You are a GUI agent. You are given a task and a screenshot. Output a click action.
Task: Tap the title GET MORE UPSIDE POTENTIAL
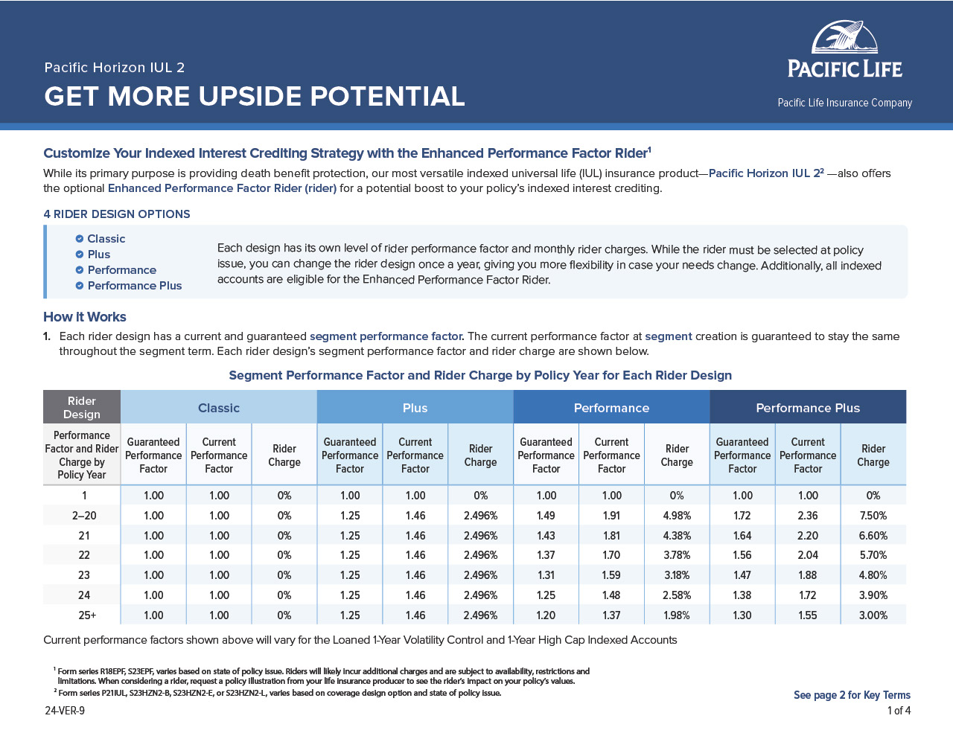coord(255,96)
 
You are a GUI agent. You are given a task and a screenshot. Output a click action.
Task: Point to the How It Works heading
coord(85,316)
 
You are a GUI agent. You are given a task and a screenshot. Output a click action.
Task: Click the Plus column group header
coord(415,408)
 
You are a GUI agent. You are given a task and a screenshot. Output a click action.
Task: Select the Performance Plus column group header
coord(808,408)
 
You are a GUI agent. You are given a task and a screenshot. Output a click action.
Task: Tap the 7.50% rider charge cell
coord(873,515)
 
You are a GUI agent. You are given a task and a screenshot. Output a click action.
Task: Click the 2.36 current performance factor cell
coord(808,515)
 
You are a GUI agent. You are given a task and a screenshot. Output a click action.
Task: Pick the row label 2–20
coord(84,515)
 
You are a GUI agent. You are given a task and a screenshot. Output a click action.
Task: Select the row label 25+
coord(87,615)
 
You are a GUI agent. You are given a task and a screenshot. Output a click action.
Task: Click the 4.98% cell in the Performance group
coord(677,515)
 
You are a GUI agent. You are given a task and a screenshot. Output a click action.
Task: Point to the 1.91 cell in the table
coord(611,515)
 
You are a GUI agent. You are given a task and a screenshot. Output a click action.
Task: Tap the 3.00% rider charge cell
coord(873,615)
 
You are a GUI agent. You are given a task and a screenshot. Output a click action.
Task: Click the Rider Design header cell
coord(82,407)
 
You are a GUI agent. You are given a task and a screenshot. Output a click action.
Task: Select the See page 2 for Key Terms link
coord(852,695)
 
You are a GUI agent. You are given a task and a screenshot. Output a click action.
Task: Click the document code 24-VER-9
coord(65,711)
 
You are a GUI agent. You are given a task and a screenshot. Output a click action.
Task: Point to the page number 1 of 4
coord(899,711)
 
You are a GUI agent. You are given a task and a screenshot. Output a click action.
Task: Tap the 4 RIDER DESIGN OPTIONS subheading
coord(117,214)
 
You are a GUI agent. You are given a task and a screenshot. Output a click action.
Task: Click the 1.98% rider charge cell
coord(677,615)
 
